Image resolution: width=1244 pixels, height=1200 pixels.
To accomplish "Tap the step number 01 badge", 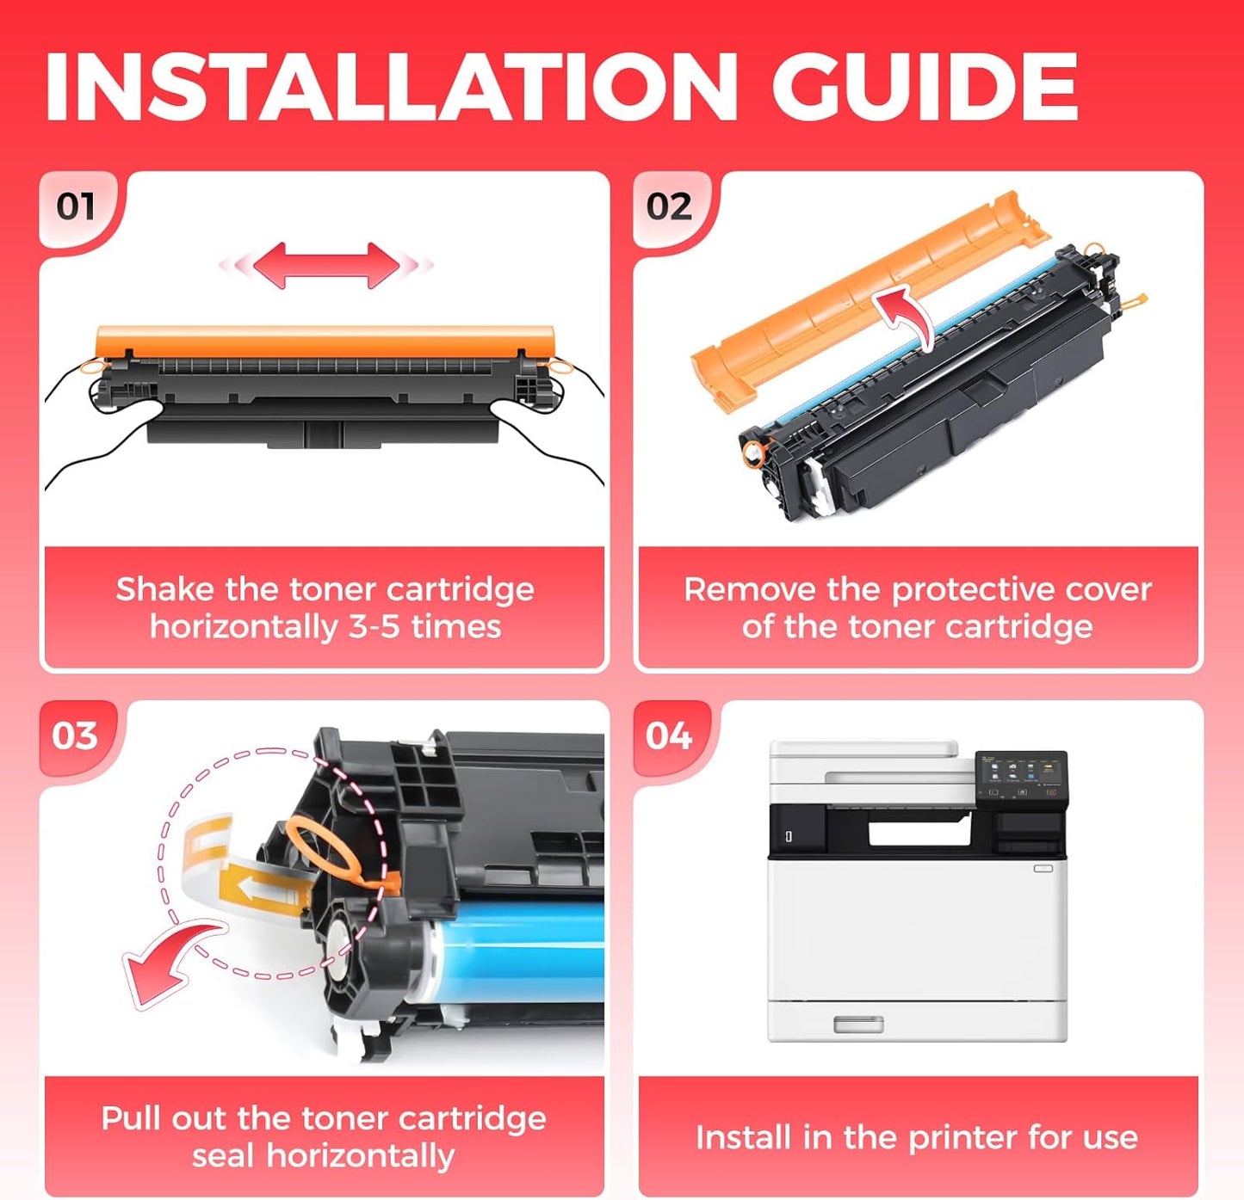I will (76, 207).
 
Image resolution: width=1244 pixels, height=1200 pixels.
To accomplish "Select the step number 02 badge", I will (669, 207).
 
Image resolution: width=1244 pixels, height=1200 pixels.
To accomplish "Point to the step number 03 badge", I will (75, 736).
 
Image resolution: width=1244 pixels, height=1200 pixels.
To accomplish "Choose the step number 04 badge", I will (669, 736).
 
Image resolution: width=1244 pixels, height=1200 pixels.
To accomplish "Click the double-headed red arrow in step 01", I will (325, 265).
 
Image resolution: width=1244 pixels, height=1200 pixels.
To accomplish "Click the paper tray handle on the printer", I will (858, 1024).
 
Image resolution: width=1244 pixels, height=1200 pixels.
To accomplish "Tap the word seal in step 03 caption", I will (225, 1155).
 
